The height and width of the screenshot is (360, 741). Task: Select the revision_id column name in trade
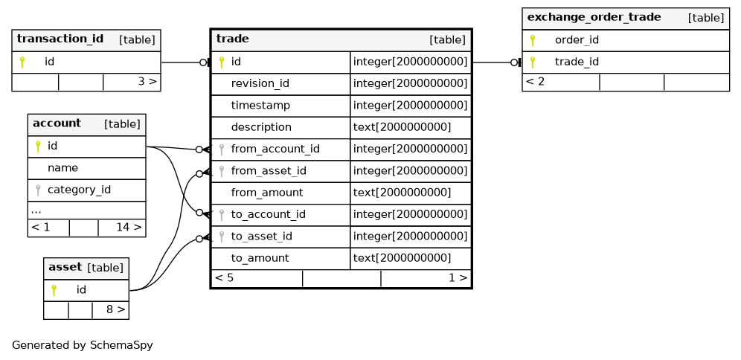tap(260, 83)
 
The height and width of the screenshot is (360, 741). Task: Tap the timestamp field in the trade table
tap(260, 106)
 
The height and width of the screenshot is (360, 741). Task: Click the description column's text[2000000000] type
tap(402, 127)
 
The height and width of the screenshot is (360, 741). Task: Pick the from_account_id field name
tap(275, 150)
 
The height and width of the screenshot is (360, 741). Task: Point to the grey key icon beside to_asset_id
tap(221, 237)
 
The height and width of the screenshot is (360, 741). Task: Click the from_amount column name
tap(267, 193)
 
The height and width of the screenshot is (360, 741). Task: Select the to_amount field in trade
tap(260, 258)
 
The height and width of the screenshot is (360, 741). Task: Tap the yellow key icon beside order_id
tap(533, 40)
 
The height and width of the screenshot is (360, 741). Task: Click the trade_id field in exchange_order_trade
tap(577, 62)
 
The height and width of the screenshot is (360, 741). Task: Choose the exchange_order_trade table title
tap(594, 17)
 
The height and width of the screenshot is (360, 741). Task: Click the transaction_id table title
tap(60, 39)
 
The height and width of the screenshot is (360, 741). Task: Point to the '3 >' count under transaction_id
tap(147, 81)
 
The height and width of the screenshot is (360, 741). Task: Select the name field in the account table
tap(62, 167)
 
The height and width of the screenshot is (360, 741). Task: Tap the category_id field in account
tap(79, 190)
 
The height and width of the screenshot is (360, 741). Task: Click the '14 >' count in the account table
tap(129, 228)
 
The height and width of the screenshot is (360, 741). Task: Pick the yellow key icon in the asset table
tap(54, 290)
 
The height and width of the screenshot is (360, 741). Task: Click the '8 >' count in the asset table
tap(115, 309)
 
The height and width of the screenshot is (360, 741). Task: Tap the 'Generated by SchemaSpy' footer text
tap(83, 345)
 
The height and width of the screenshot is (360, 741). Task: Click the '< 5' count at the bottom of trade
tap(224, 277)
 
